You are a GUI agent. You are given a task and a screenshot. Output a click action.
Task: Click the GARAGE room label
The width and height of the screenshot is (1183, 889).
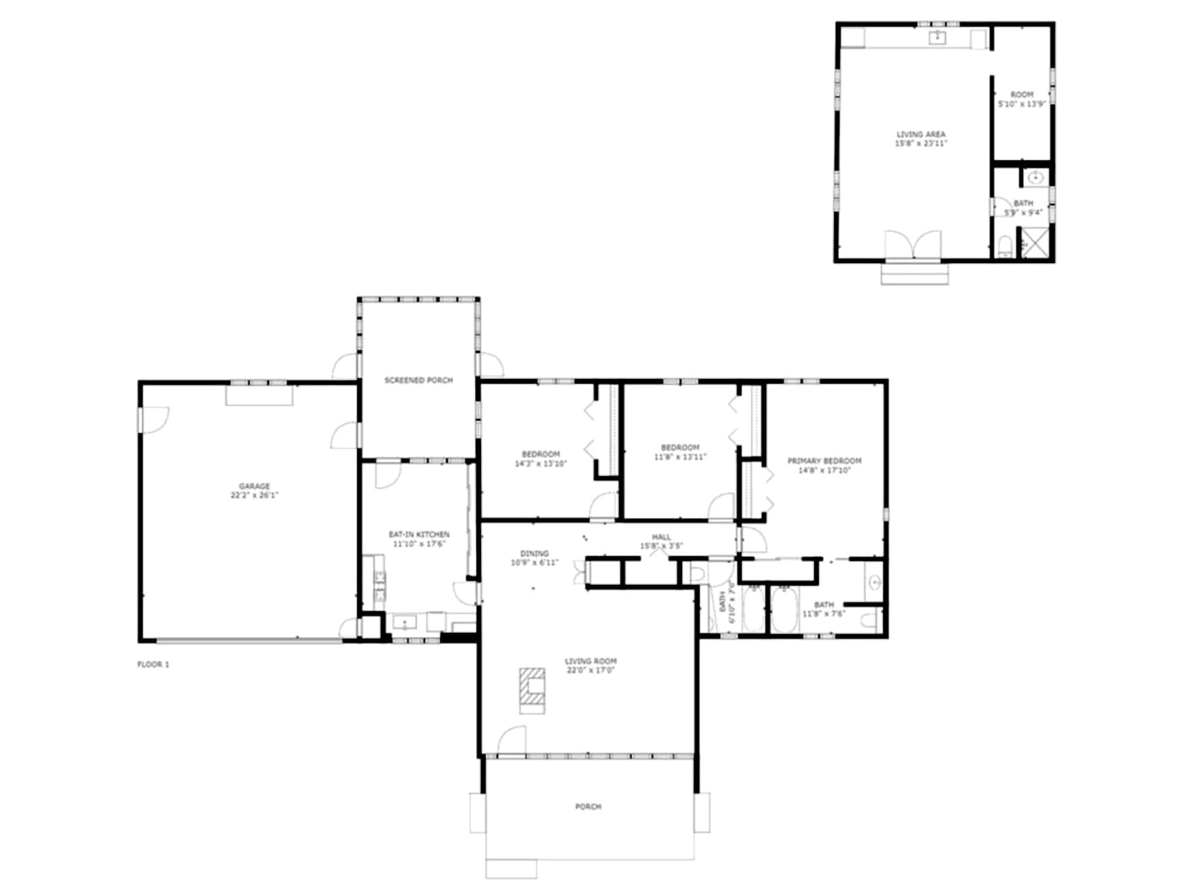click(x=254, y=486)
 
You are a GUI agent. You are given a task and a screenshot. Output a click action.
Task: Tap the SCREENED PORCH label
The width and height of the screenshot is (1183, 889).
click(x=418, y=380)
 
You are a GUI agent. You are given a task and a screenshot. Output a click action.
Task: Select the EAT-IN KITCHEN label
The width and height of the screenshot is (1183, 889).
click(x=419, y=534)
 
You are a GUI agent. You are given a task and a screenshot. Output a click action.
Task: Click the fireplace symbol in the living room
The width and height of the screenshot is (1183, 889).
click(x=532, y=691)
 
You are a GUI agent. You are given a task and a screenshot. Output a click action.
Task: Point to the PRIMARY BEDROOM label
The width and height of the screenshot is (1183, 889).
click(x=824, y=461)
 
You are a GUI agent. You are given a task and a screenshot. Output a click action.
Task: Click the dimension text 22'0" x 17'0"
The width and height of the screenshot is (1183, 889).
click(x=590, y=670)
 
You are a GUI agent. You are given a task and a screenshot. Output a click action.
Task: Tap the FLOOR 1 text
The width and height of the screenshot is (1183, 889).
click(x=153, y=664)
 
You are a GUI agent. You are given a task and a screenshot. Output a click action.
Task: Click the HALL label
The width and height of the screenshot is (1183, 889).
click(x=662, y=537)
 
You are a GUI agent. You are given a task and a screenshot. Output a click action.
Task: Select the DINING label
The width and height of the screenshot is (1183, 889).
click(x=534, y=553)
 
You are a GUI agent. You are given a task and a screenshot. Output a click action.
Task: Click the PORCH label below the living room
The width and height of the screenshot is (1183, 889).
click(x=588, y=807)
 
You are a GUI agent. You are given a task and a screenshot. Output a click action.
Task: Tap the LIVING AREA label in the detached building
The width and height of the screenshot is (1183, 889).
click(x=921, y=134)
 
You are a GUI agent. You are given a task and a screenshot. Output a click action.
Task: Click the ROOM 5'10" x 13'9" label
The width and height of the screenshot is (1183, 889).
click(x=1022, y=99)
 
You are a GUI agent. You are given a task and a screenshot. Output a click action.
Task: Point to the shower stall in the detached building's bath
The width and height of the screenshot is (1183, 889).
click(x=1035, y=242)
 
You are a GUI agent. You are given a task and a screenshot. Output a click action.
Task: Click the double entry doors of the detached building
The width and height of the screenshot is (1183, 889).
click(x=913, y=246)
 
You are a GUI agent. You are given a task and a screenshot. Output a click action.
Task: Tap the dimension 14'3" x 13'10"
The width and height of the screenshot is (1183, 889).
click(x=541, y=464)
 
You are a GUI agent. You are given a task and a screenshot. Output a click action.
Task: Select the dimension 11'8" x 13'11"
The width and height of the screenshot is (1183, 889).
click(x=680, y=457)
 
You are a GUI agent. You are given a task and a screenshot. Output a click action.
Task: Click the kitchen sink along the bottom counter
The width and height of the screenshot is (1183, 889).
click(x=404, y=622)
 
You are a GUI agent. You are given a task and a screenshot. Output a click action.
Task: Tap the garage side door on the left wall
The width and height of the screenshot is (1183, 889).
click(x=153, y=420)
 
